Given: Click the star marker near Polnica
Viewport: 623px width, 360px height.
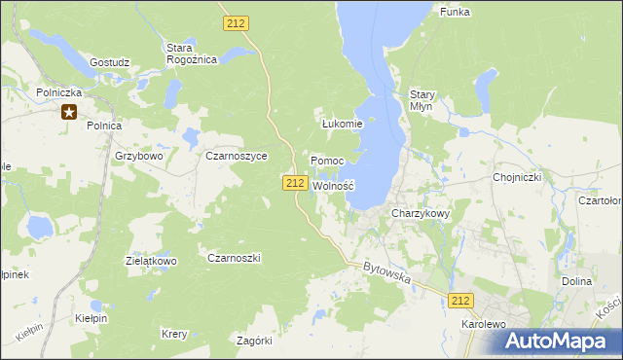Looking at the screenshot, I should (69, 112).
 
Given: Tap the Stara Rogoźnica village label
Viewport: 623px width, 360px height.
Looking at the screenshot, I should (191, 53).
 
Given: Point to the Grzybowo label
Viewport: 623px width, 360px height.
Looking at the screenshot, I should (137, 155).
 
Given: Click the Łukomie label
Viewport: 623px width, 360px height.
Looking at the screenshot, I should (342, 124).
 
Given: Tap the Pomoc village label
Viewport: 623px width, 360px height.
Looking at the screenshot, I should (327, 160).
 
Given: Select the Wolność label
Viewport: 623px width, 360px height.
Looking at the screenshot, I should (332, 185).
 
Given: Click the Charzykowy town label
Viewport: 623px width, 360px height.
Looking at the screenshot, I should (421, 213).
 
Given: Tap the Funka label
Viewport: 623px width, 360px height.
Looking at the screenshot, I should (455, 12).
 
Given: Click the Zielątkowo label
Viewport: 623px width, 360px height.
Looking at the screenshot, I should (150, 261).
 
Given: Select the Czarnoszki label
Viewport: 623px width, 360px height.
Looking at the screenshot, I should (234, 257).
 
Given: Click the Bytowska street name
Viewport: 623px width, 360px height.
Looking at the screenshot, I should (387, 272).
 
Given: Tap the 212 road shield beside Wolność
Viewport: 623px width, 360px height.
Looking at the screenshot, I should (296, 183).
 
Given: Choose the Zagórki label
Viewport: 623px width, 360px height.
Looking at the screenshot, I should (255, 340).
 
